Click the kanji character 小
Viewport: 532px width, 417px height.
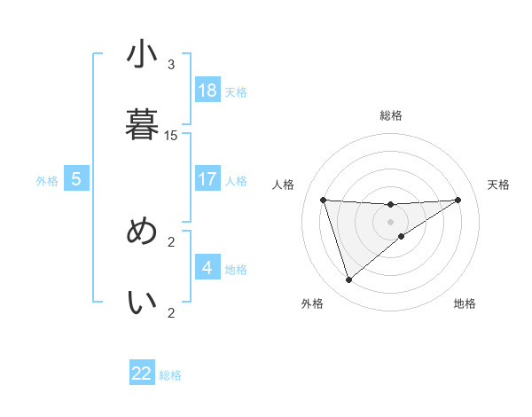click(142, 55)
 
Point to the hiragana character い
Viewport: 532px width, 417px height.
click(142, 303)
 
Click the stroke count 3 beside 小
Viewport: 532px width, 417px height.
click(171, 65)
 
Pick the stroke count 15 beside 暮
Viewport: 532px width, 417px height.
click(171, 136)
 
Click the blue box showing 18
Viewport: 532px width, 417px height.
click(207, 90)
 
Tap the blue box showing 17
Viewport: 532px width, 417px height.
click(207, 179)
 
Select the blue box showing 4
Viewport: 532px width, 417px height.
click(207, 268)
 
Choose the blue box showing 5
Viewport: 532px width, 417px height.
click(76, 179)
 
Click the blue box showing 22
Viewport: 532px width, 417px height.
click(142, 374)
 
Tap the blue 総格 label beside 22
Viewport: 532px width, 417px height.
click(170, 375)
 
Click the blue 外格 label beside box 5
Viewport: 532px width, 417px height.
click(47, 181)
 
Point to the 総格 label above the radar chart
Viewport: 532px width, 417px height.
click(390, 115)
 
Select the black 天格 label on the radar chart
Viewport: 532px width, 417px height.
click(499, 185)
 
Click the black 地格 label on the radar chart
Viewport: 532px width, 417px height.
click(465, 303)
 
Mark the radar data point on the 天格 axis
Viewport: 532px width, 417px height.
click(458, 200)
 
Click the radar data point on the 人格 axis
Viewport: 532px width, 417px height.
click(324, 200)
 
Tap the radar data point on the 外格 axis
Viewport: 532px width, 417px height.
click(348, 280)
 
